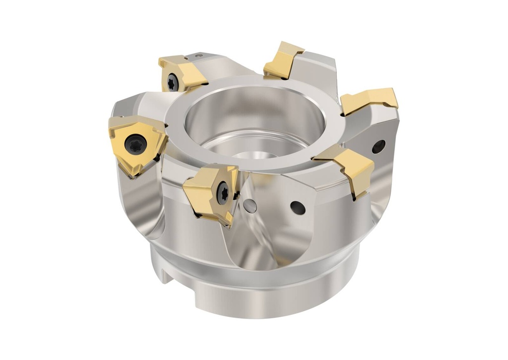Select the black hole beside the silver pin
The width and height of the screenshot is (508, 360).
click(298, 208)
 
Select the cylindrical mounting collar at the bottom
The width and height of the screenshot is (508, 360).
click(258, 293)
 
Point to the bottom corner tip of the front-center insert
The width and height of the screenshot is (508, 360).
click(229, 226)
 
